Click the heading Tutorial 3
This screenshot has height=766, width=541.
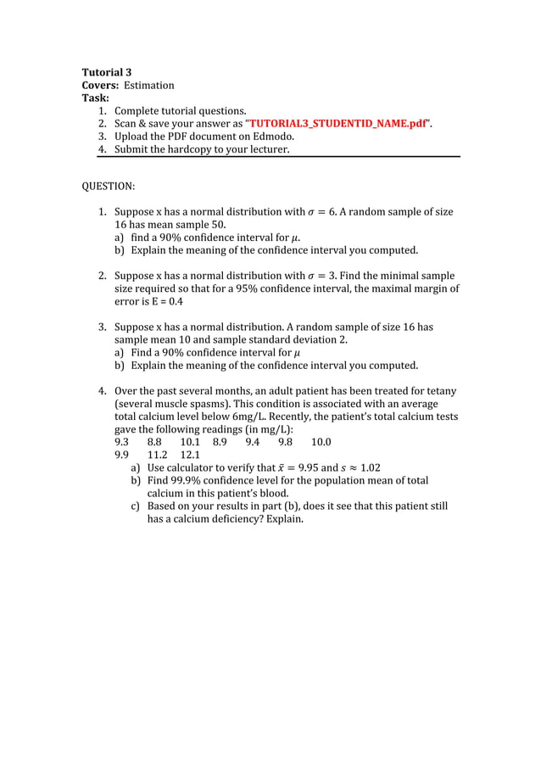point(106,72)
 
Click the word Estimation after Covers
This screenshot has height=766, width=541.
point(148,85)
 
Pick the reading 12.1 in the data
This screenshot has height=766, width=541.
point(190,455)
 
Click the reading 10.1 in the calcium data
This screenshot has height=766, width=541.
point(190,442)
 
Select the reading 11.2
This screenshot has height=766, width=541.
point(158,455)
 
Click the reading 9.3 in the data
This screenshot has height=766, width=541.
point(122,442)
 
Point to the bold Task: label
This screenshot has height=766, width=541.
point(95,98)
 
